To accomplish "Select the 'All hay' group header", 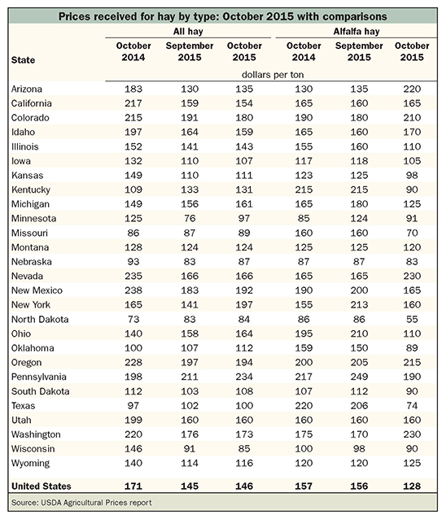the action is click(188, 32).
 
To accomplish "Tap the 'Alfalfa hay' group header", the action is click(357, 32).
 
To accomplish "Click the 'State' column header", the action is click(23, 60).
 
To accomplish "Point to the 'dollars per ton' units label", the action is click(273, 75).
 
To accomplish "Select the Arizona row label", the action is click(27, 89).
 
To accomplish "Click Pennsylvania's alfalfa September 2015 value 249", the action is click(359, 377).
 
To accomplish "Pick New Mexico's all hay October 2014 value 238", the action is click(133, 290).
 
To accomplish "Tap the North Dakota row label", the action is click(40, 319).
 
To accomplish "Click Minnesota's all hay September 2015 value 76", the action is click(190, 219).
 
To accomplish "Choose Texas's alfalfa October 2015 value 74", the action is click(412, 405).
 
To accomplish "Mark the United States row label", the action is click(41, 486).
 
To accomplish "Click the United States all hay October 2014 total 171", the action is click(133, 486).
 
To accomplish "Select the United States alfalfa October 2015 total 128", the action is click(412, 486).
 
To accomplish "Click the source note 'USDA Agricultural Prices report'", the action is click(96, 503).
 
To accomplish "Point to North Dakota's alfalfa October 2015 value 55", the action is click(412, 319).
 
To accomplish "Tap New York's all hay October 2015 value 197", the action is click(244, 305).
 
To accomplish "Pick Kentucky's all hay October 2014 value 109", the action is click(133, 190).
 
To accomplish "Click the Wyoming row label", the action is click(30, 464).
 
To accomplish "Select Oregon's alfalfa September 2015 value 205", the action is click(359, 363).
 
